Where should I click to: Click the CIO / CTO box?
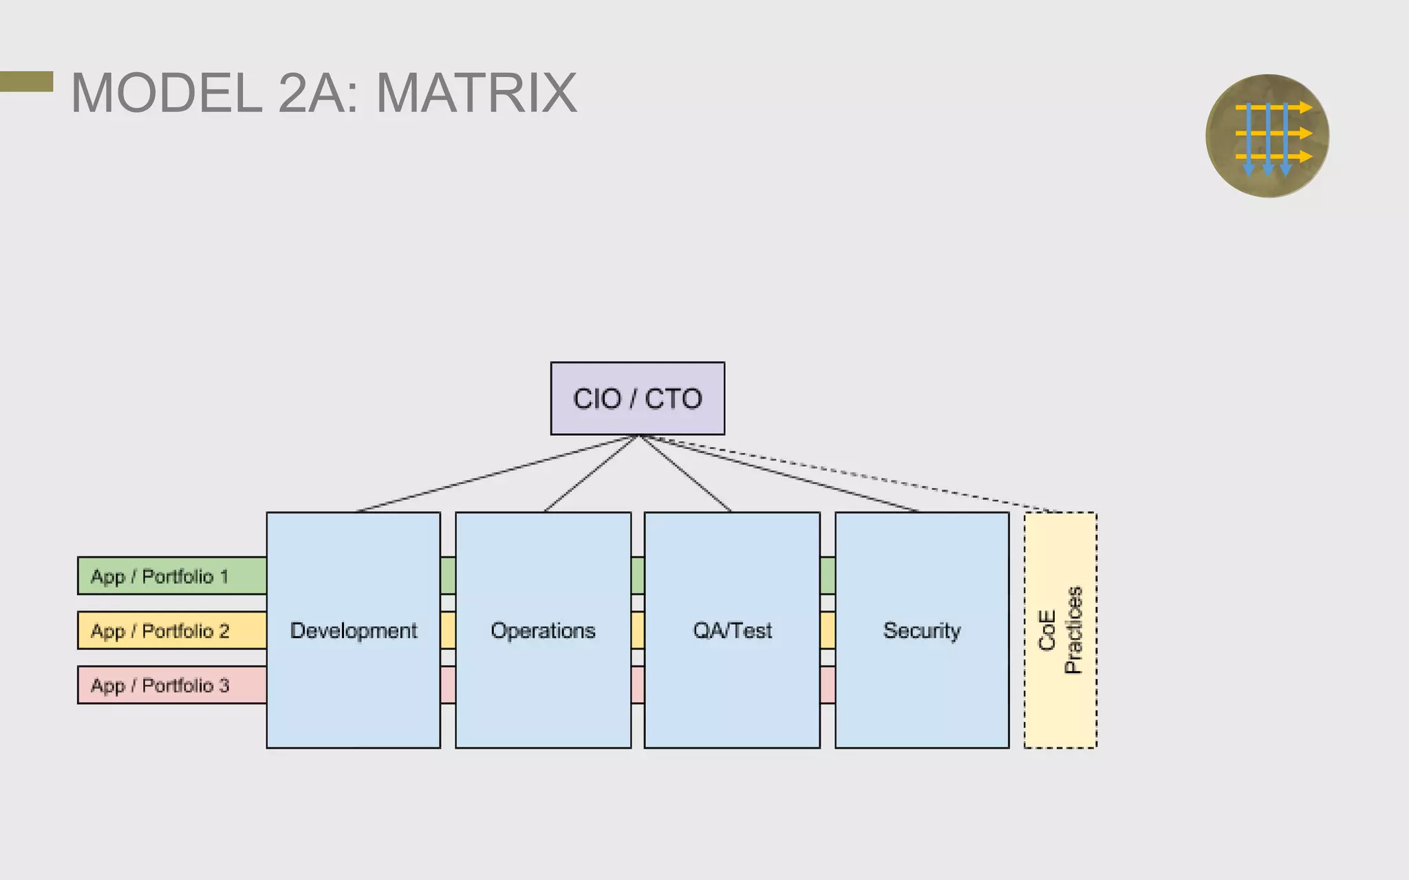pyautogui.click(x=637, y=398)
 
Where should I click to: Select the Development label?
pyautogui.click(x=354, y=630)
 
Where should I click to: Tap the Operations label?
pyautogui.click(x=543, y=630)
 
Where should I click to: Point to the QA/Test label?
pyautogui.click(x=732, y=630)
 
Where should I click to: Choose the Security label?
pyautogui.click(x=922, y=630)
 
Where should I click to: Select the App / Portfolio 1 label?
pyautogui.click(x=160, y=576)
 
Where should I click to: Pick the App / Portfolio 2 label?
pyautogui.click(x=160, y=630)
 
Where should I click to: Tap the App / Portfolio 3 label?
pyautogui.click(x=160, y=685)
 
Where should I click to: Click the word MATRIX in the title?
pyautogui.click(x=476, y=93)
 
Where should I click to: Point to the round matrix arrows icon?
pyautogui.click(x=1267, y=136)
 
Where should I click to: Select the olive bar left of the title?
pyautogui.click(x=26, y=81)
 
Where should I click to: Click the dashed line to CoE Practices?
pyautogui.click(x=853, y=475)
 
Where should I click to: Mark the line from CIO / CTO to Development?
pyautogui.click(x=495, y=474)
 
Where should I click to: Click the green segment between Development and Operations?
pyautogui.click(x=448, y=575)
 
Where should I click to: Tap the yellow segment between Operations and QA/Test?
pyautogui.click(x=638, y=630)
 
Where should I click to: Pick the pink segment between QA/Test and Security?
pyautogui.click(x=828, y=685)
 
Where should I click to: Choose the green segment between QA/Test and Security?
pyautogui.click(x=828, y=575)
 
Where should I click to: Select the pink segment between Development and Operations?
pyautogui.click(x=448, y=685)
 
